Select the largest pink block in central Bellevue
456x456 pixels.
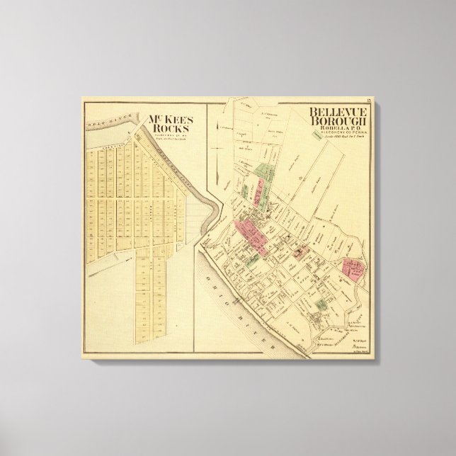(248, 234)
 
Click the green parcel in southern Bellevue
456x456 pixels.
(320, 305)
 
